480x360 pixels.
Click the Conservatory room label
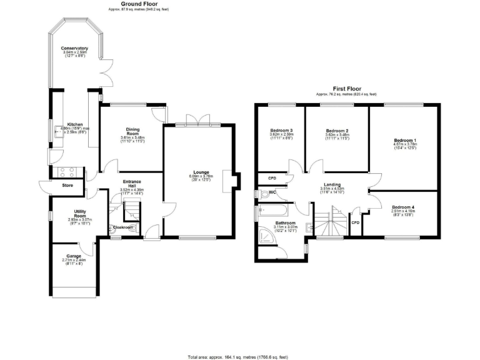pos(74,49)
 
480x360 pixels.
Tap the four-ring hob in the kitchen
pos(67,172)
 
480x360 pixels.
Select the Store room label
pos(67,186)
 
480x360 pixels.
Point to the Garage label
pos(74,256)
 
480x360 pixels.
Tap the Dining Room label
pos(132,132)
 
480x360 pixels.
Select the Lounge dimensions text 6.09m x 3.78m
pos(201,176)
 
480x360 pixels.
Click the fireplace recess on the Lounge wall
pos(233,179)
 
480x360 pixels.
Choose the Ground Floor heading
pos(138,4)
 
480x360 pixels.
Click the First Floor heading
pos(346,89)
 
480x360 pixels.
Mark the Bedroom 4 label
pos(402,207)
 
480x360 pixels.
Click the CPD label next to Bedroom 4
pos(355,222)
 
